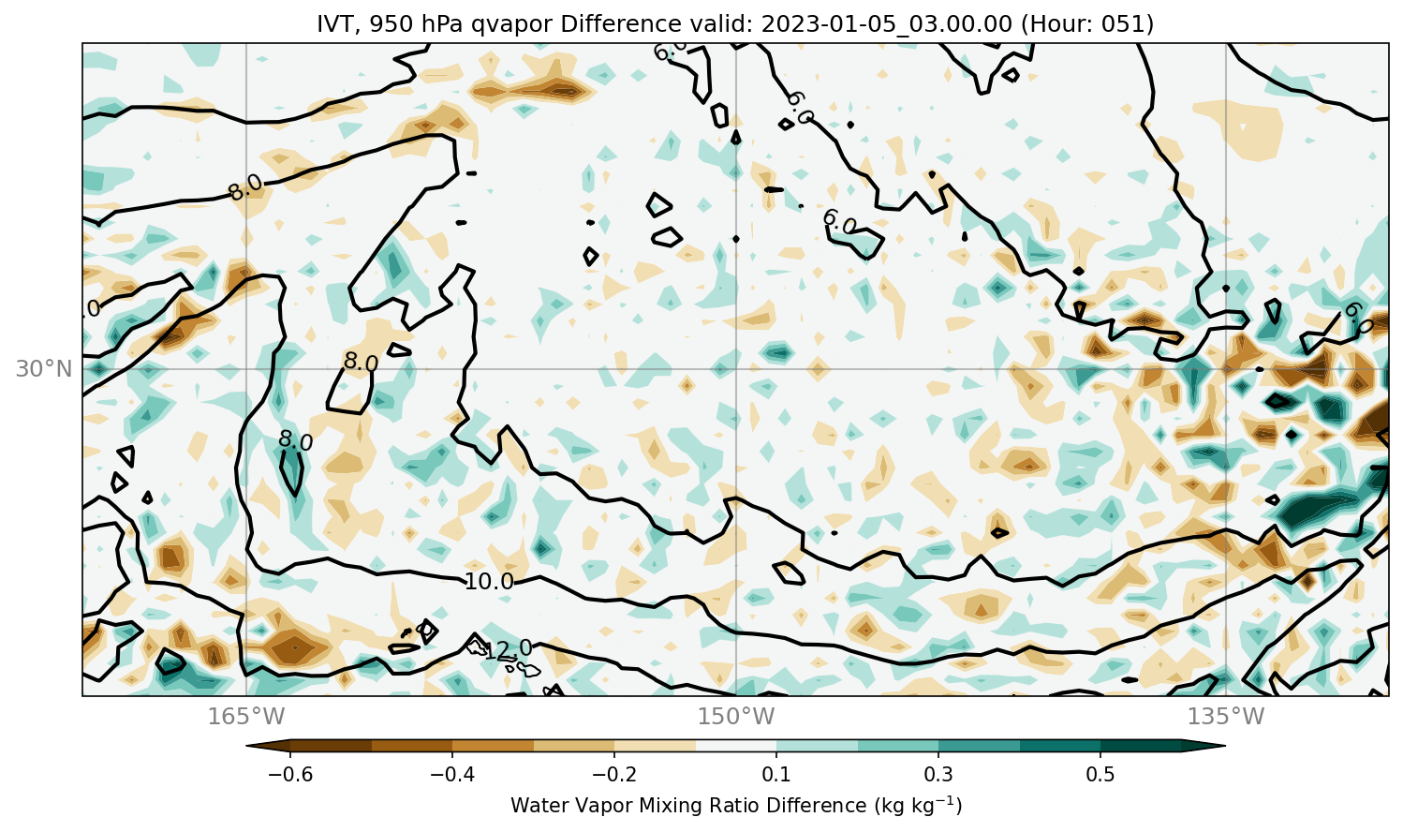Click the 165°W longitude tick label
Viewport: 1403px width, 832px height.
(246, 716)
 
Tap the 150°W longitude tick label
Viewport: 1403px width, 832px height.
(736, 716)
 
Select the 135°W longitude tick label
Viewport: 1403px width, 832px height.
(1226, 716)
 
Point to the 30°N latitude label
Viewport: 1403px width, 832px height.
(44, 369)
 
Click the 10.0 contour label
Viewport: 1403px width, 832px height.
(489, 582)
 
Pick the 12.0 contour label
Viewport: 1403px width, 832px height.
(508, 649)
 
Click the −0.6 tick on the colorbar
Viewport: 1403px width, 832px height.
(290, 774)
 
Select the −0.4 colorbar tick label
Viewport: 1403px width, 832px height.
(452, 774)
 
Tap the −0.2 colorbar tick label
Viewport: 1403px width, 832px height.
(614, 774)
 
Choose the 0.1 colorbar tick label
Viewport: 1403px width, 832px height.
(776, 774)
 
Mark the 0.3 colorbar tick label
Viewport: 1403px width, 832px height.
(938, 774)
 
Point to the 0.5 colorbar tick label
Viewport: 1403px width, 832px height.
(1100, 774)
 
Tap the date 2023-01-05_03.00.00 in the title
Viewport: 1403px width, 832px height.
(886, 24)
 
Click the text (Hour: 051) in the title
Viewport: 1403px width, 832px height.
(1087, 24)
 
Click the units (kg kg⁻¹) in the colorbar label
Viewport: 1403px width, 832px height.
(918, 805)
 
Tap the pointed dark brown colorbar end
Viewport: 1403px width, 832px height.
(268, 746)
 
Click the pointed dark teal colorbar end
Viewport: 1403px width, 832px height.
(1204, 746)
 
